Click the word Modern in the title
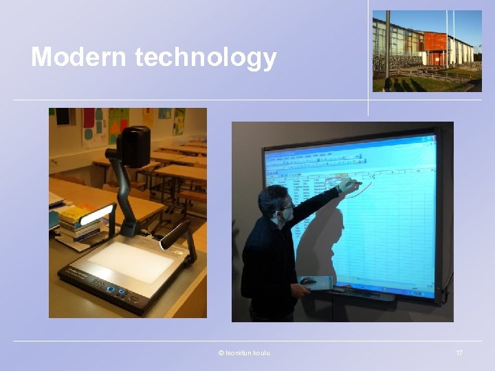click(x=79, y=57)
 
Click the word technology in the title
click(x=206, y=58)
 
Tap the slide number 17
click(x=459, y=352)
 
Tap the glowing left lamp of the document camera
click(x=96, y=214)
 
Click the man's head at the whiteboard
click(x=275, y=205)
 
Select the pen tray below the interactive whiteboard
click(x=364, y=295)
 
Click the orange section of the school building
click(x=434, y=42)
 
